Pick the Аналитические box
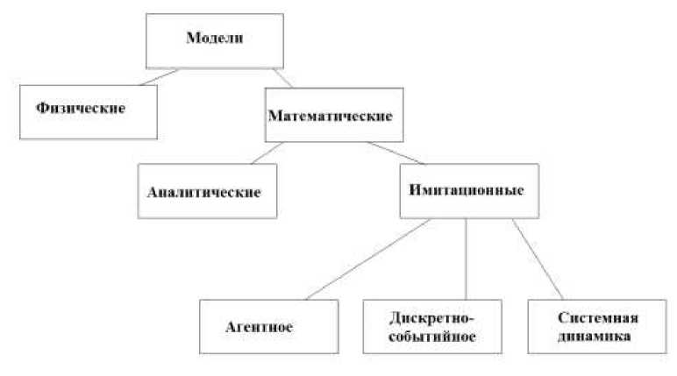(207, 190)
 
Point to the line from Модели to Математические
(281, 77)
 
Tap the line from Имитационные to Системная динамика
(537, 259)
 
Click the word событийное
(430, 337)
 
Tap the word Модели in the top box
(214, 39)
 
